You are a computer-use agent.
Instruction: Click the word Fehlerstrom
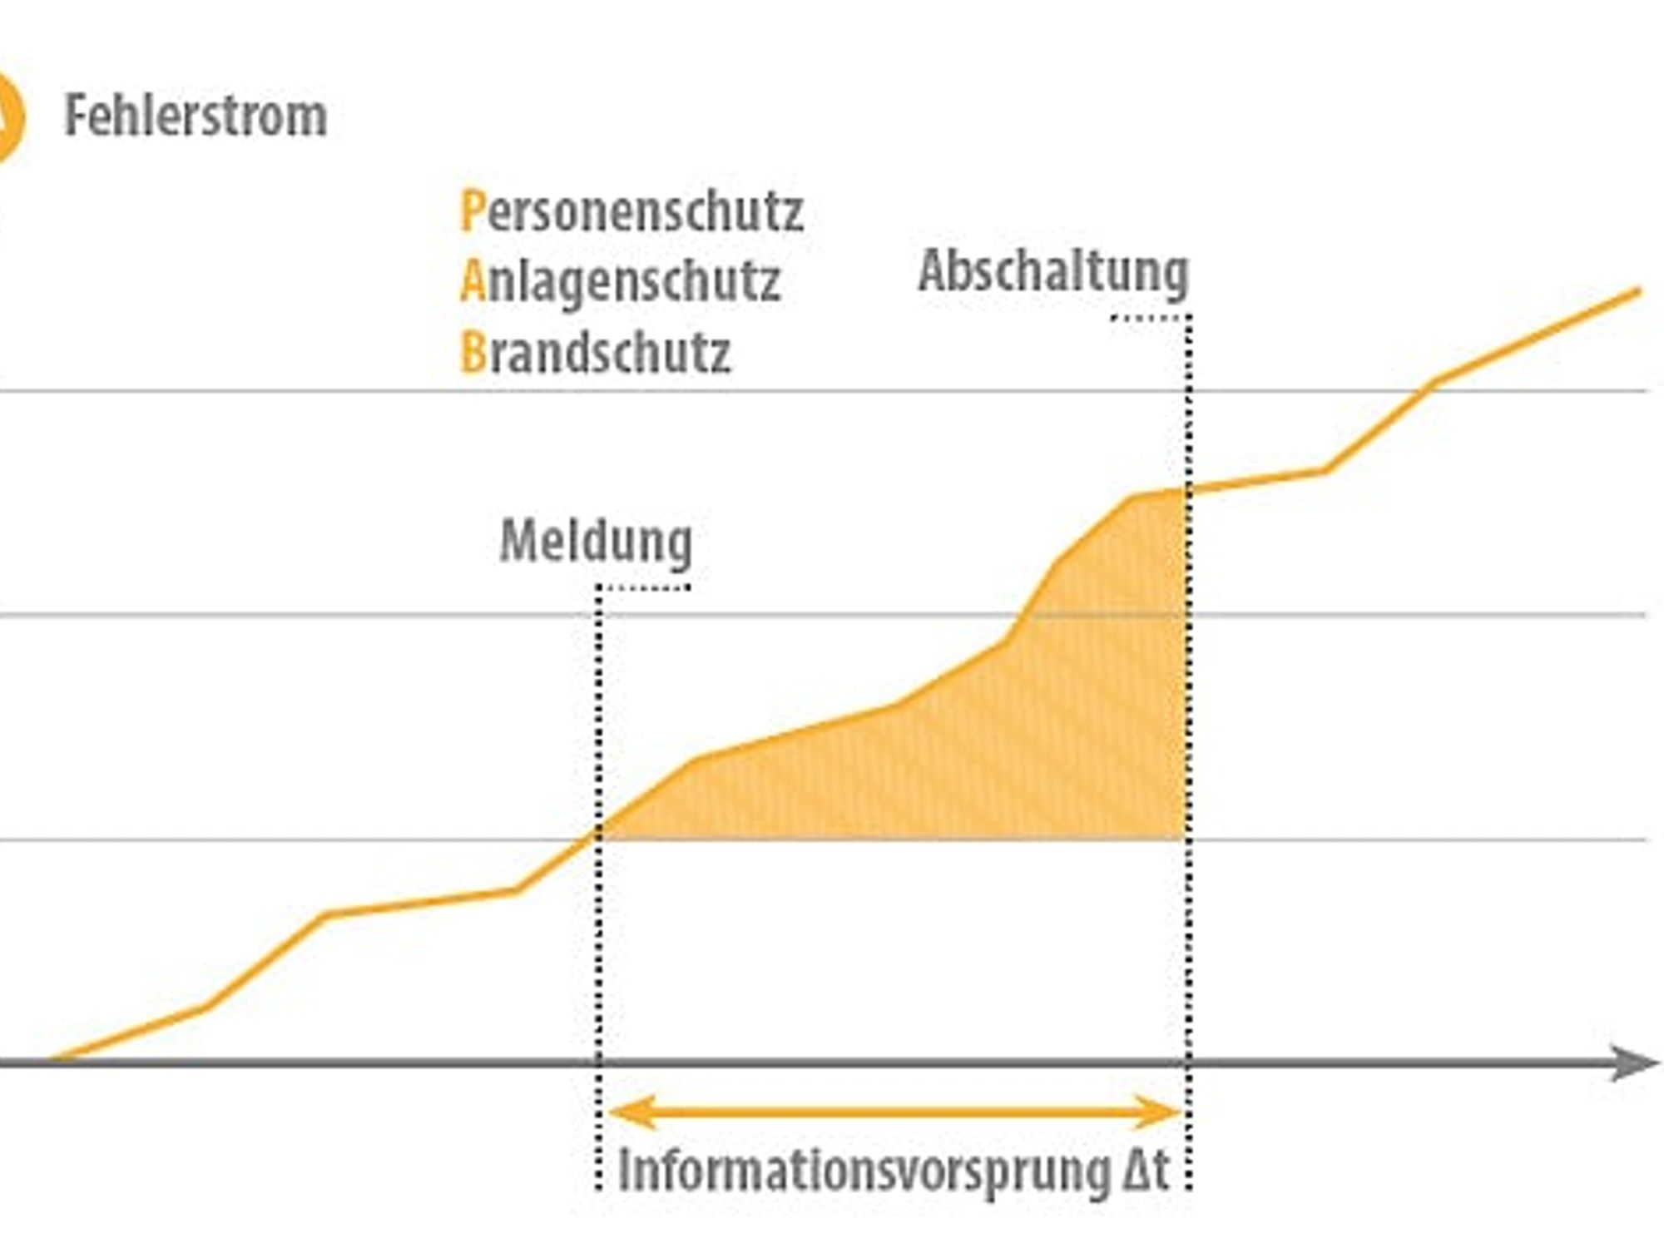[196, 116]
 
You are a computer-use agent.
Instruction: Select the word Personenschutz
[632, 212]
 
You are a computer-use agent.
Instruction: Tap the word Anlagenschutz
[621, 281]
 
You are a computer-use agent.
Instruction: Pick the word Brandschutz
[596, 352]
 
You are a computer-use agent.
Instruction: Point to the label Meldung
[596, 542]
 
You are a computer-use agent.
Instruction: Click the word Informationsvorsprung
[864, 1171]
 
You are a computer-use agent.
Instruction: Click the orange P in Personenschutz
[472, 211]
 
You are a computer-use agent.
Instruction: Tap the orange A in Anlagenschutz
[473, 280]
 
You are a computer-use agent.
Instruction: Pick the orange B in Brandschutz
[473, 352]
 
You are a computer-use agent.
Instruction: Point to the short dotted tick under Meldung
[644, 587]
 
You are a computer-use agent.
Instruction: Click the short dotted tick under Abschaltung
[1151, 317]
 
